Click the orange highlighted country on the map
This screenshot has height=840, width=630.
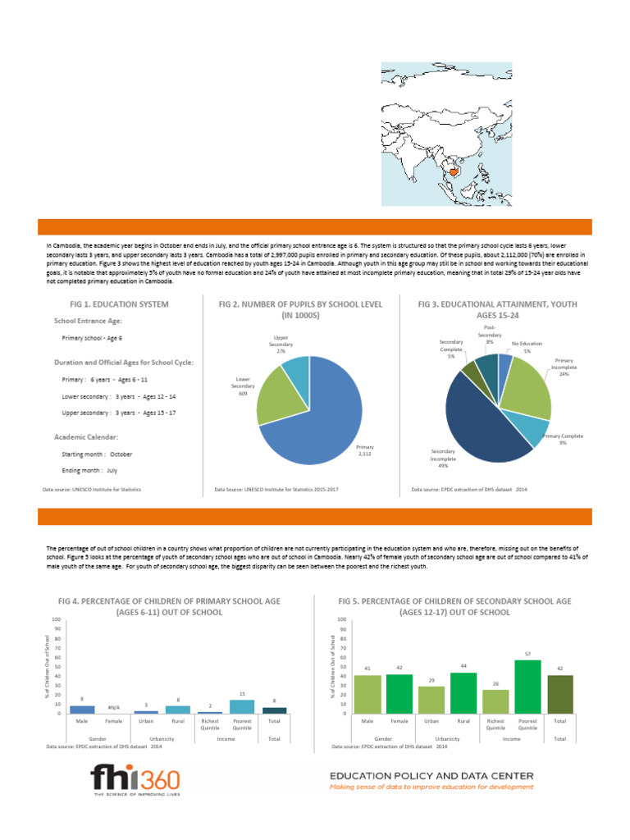pyautogui.click(x=450, y=172)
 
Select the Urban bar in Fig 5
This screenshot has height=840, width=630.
pyautogui.click(x=431, y=700)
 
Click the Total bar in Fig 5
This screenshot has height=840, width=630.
pyautogui.click(x=560, y=694)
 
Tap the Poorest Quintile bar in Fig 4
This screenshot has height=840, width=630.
pyautogui.click(x=242, y=706)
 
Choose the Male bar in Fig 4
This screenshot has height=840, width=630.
pyautogui.click(x=82, y=709)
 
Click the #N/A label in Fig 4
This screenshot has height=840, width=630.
pyautogui.click(x=114, y=707)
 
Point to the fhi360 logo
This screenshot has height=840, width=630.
pyautogui.click(x=136, y=781)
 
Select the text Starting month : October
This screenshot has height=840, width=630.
pyautogui.click(x=97, y=454)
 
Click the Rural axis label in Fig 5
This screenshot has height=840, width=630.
pyautogui.click(x=463, y=721)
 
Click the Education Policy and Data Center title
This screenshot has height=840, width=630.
pyautogui.click(x=431, y=775)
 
